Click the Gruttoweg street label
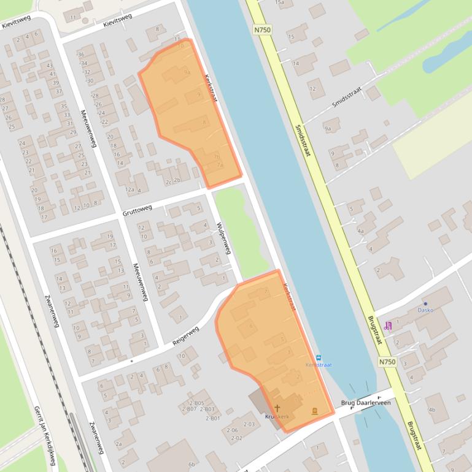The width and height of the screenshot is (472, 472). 137,211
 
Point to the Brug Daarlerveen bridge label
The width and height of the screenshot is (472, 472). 366,403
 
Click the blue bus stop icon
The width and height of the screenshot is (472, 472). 318,357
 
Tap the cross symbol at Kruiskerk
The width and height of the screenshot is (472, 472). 277,408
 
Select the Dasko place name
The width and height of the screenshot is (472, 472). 425,310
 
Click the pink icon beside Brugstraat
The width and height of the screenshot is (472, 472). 387,326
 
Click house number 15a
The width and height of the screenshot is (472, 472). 279,3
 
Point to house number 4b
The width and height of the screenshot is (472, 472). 431,409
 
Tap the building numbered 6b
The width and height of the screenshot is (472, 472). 192,465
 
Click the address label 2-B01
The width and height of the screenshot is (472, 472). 212,418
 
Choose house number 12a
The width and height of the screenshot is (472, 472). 130,190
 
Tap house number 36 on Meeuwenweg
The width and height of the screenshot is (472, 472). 81,55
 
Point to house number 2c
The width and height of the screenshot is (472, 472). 168,181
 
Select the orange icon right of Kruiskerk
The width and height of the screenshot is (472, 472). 314,411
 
